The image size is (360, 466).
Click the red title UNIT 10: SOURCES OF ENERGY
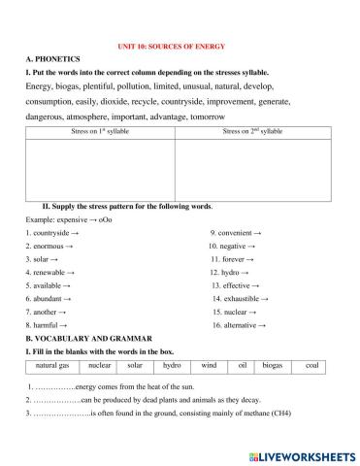coord(179,46)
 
